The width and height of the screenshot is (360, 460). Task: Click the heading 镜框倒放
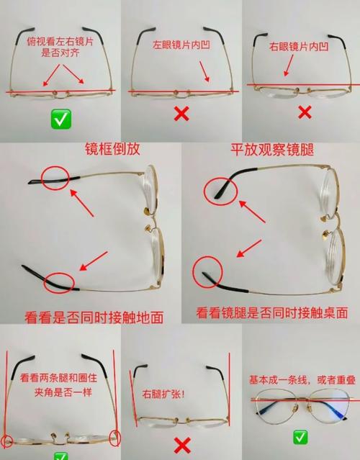112,149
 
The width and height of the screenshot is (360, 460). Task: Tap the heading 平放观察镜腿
272,150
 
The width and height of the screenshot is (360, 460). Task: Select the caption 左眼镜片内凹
181,45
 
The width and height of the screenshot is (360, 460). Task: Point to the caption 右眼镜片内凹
299,47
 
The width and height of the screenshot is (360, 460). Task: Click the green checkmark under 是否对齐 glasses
61,119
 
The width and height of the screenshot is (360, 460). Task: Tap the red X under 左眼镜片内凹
181,114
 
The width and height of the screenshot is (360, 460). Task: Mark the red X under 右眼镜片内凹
305,112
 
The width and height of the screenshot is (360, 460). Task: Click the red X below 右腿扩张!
182,446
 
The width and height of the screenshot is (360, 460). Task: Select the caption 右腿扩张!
163,394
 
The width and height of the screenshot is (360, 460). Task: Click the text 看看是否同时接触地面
94,317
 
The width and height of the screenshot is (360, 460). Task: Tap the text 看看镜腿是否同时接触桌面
272,312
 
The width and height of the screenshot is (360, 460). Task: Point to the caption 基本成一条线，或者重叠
302,379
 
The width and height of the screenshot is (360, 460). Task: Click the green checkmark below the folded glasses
300,437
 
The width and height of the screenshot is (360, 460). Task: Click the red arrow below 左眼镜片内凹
204,71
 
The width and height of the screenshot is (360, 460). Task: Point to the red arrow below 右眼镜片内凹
289,66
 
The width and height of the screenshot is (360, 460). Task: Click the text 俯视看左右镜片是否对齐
60,47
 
